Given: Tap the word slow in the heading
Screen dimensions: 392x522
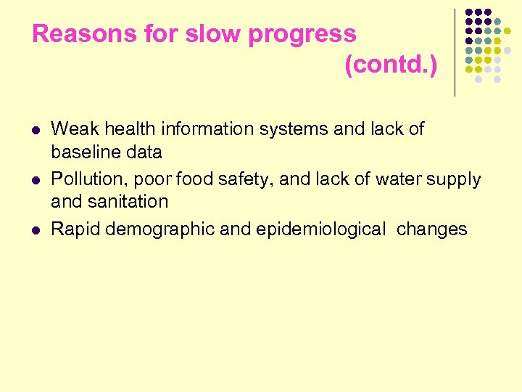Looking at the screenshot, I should (205, 34).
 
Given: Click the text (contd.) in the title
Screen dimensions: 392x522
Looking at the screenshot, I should (391, 66).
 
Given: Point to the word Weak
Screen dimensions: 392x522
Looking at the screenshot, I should (70, 129).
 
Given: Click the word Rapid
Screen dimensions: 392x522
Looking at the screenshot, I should (75, 230).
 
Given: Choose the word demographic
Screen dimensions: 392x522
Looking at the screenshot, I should (159, 230).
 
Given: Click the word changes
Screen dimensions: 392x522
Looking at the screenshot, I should (433, 230).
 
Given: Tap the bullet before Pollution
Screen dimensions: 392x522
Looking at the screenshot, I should (37, 179).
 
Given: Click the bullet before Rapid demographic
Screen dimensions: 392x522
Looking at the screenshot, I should (37, 230).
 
